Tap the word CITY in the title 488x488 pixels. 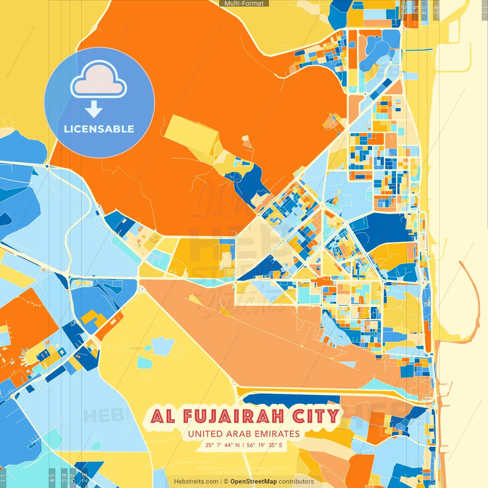coord(315,416)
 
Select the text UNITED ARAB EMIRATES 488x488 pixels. coord(244,434)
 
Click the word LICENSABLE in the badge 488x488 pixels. coord(99,129)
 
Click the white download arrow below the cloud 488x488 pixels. coord(94,110)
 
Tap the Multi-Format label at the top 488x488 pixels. coord(244,3)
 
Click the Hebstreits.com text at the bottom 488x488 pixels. coord(196,482)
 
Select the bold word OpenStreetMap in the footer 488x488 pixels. coord(253,482)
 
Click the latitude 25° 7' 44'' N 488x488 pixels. coord(222,445)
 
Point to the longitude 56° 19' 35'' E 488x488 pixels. coord(265,445)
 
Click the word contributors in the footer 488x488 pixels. coord(296,482)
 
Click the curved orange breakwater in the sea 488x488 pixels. coord(475,290)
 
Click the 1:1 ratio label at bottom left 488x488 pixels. coord(3,478)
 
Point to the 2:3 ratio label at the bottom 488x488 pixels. coord(85,478)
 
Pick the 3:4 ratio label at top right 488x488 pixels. coord(424,10)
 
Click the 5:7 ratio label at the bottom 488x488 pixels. coord(73,478)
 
